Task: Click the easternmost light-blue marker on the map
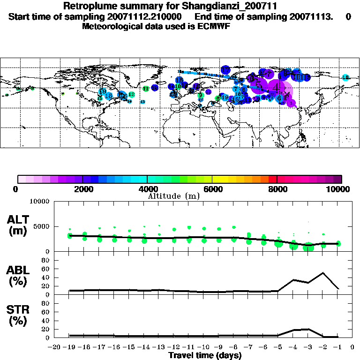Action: point(345,77)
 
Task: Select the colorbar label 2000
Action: point(82,189)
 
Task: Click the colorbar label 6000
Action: point(212,189)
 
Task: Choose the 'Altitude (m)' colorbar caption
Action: point(174,196)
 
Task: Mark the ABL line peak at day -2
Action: point(323,273)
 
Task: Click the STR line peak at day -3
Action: point(308,329)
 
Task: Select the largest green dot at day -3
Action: point(308,246)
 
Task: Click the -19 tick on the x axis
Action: point(69,347)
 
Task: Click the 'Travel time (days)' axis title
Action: point(205,355)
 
